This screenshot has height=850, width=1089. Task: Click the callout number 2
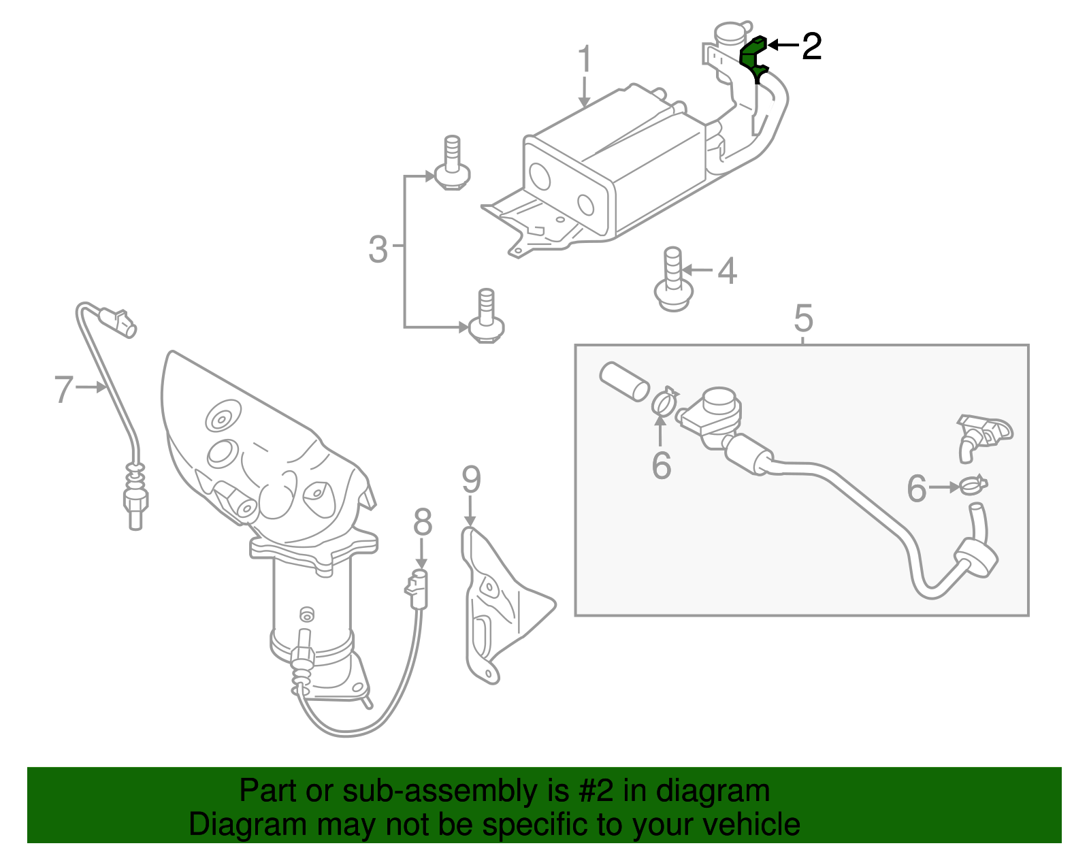click(811, 46)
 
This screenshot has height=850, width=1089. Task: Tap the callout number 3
click(378, 249)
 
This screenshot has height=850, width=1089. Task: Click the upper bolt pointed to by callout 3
click(451, 167)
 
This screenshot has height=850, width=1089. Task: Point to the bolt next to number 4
click(672, 282)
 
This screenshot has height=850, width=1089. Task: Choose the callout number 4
click(727, 271)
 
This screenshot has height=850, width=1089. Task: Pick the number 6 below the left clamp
click(661, 465)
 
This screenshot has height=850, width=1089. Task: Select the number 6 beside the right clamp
click(917, 488)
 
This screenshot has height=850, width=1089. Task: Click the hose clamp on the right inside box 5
click(973, 485)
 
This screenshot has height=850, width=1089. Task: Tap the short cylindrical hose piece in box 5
click(623, 381)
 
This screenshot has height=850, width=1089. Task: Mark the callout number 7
click(63, 389)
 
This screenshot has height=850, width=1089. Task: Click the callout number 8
click(423, 523)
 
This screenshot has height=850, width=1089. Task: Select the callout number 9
click(471, 480)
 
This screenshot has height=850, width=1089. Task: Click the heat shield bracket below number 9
click(500, 606)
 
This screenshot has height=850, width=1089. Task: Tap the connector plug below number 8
click(417, 589)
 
